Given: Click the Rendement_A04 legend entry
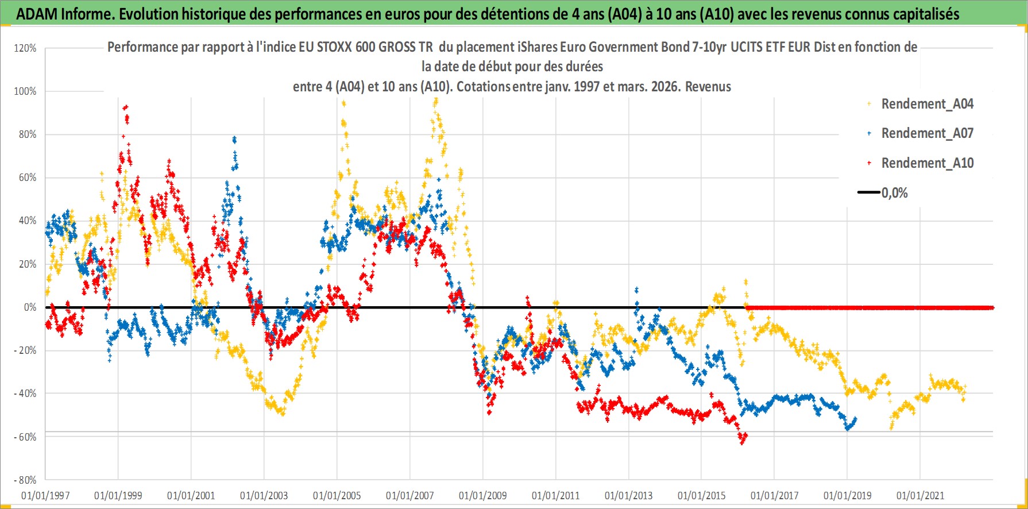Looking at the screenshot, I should click(x=927, y=104).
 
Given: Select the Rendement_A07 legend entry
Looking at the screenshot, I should click(x=927, y=133).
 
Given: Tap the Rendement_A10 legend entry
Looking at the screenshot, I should click(x=927, y=163).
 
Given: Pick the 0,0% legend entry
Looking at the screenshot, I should click(x=894, y=193).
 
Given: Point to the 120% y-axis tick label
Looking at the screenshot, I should click(x=25, y=48).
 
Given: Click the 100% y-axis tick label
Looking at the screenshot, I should click(x=25, y=91).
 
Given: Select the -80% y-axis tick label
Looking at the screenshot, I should click(x=25, y=480).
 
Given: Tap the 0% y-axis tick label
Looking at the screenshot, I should click(x=30, y=307).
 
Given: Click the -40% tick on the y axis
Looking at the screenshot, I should click(x=25, y=394).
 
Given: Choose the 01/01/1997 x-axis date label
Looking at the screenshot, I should click(x=45, y=495).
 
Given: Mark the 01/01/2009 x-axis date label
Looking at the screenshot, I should click(x=483, y=495).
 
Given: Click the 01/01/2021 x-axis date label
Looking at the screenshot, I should click(x=920, y=495).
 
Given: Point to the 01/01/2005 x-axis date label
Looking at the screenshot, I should click(x=337, y=495).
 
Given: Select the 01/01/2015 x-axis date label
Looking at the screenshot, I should click(x=701, y=495).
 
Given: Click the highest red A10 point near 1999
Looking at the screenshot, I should click(x=125, y=106).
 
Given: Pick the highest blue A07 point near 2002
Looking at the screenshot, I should click(x=234, y=138).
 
